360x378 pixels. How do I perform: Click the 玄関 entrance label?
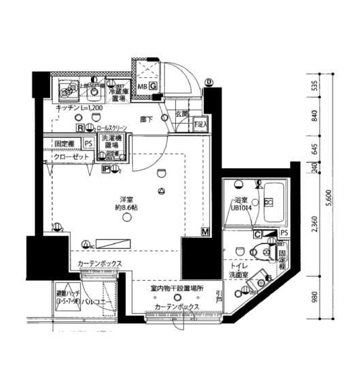181,114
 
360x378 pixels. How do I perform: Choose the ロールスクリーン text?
114,128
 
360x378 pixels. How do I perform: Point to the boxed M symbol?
205,232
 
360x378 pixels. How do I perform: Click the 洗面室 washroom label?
237,277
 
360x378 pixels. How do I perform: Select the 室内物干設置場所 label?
177,288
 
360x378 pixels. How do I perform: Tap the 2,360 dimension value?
313,225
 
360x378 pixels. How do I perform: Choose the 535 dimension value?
313,85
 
